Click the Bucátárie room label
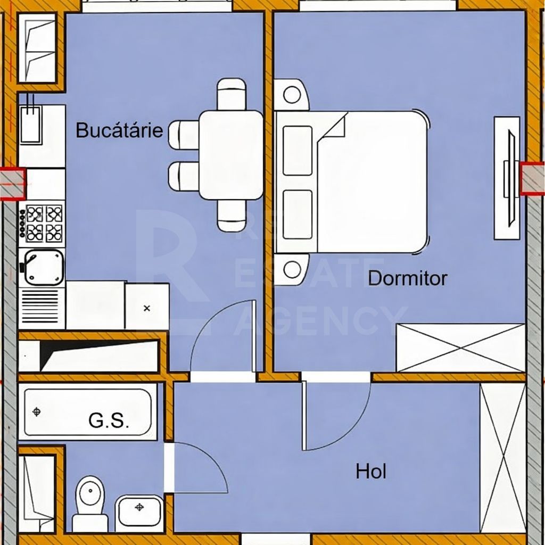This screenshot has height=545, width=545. point(119,130)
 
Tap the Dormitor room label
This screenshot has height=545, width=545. point(408,278)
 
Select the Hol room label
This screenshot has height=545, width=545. point(371,472)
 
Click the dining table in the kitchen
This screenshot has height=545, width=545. point(232,155)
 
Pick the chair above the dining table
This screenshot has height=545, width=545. point(232,94)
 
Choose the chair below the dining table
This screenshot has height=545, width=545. point(232,216)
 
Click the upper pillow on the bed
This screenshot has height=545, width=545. point(298,151)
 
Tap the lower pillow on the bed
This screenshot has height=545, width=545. point(298,214)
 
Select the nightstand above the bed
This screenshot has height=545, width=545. point(292,95)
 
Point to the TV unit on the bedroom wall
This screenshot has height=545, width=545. point(507,178)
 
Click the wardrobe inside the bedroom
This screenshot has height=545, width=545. point(461,348)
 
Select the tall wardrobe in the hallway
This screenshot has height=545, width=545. point(502,457)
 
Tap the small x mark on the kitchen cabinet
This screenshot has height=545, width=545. point(147,308)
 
